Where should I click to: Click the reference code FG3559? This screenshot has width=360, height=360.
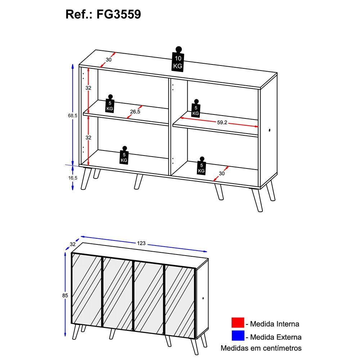118,14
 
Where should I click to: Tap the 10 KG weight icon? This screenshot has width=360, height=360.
178,59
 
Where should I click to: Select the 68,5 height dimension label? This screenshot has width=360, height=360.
73,116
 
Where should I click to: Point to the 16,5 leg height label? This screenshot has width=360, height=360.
73,178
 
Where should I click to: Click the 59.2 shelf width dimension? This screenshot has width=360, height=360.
222,122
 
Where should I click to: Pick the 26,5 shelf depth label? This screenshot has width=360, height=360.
135,112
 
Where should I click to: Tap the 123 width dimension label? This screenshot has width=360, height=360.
141,243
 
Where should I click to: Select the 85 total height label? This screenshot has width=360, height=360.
65,296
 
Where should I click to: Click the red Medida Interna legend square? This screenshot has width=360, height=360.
238,323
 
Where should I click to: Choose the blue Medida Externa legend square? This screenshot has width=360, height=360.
238,336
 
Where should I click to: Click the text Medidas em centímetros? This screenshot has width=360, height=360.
261,348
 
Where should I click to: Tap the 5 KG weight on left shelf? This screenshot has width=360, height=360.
110,104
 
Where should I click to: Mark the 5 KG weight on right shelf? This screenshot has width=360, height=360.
196,108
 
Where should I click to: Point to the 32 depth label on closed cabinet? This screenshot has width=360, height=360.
73,244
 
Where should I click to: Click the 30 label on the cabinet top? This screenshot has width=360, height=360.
109,60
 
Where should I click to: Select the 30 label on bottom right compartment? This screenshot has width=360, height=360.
221,174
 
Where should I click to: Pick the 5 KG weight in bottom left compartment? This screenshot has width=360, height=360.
124,155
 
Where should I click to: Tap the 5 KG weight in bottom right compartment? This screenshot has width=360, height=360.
201,166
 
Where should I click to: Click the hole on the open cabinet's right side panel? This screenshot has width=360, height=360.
269,130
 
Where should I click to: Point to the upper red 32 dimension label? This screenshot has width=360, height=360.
89,88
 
